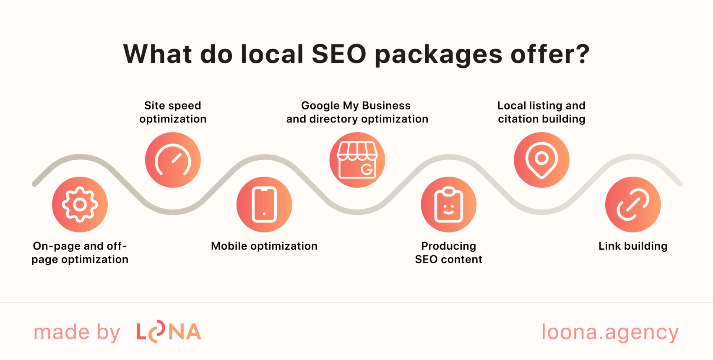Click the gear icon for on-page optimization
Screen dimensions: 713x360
[80, 204]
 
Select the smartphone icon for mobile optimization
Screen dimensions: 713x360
[264, 204]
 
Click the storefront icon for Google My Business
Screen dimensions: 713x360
[357, 160]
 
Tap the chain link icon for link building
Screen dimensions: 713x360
[633, 204]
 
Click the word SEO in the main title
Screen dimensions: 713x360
[339, 54]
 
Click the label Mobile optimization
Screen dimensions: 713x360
[264, 246]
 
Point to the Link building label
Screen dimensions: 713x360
[633, 246]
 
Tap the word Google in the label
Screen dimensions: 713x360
[320, 106]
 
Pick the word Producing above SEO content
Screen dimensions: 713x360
[448, 246]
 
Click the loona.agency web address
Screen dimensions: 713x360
[610, 332]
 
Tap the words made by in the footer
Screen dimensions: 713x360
[77, 332]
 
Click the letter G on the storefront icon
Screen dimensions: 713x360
[367, 170]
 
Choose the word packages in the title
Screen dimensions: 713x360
[438, 55]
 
